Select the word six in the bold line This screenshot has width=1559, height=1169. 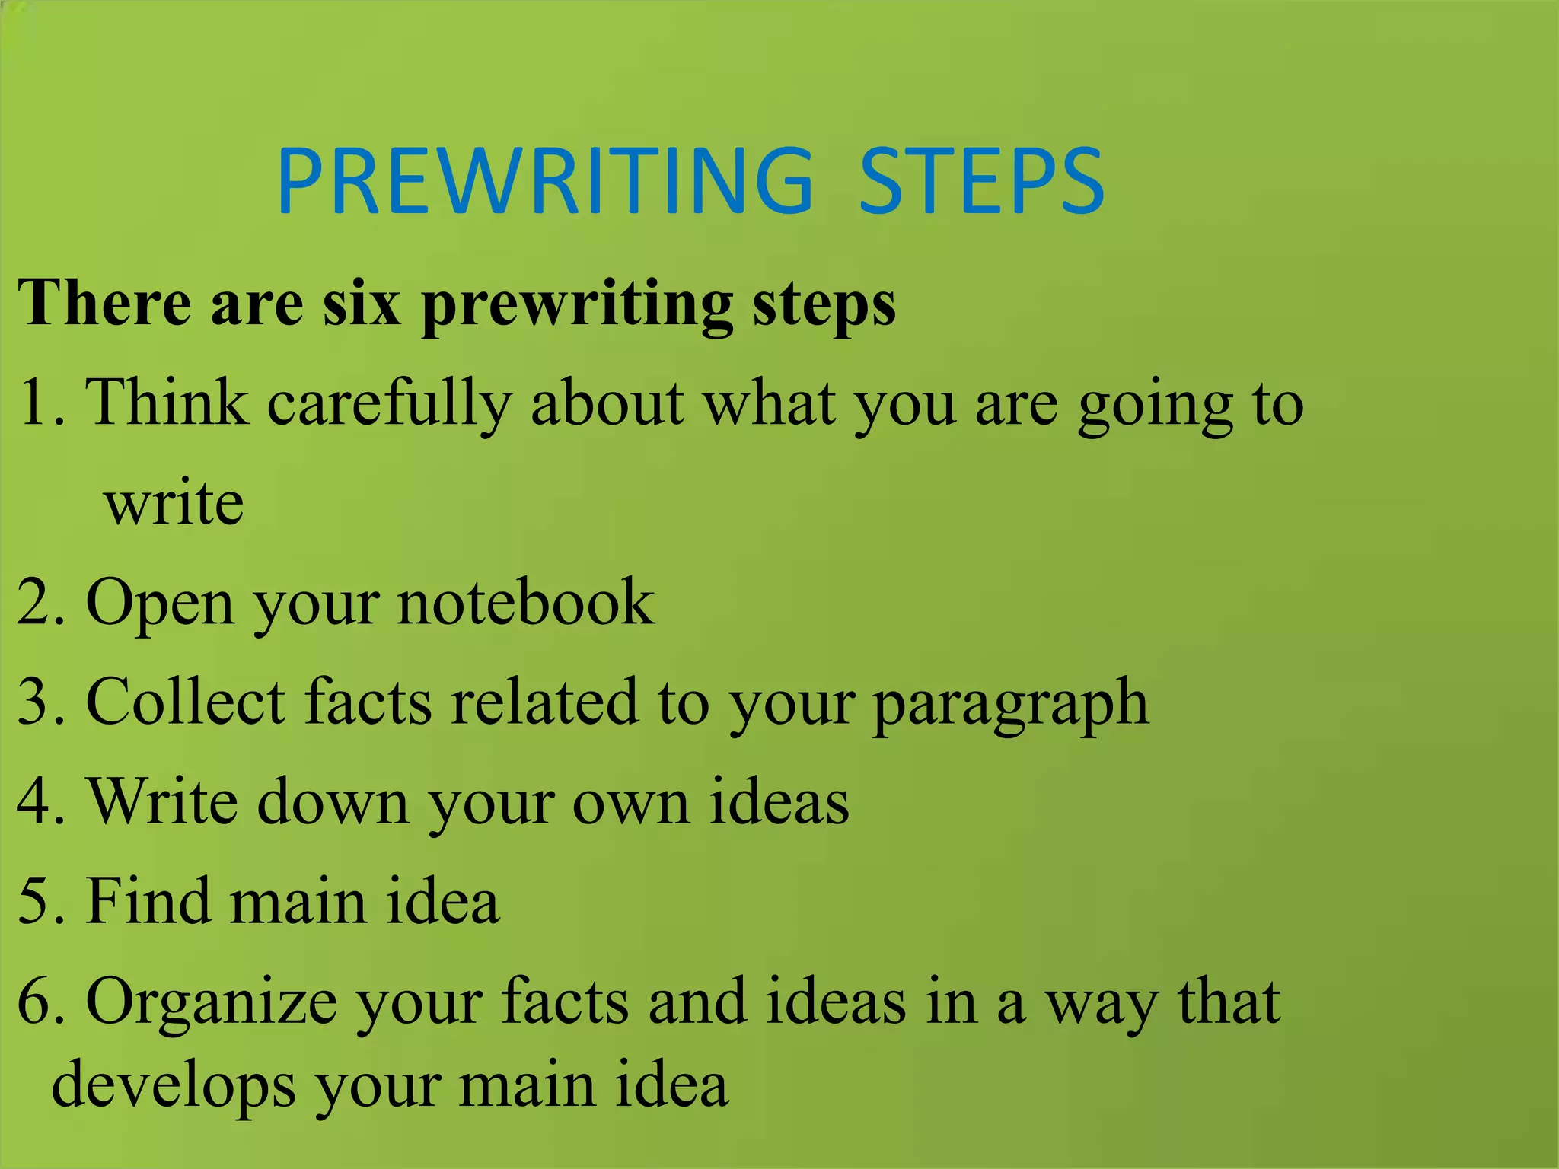[x=362, y=304]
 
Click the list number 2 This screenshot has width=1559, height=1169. [x=33, y=602]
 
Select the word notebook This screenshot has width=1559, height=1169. [x=525, y=602]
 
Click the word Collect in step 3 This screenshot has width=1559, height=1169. [x=186, y=701]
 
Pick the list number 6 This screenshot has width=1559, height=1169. [x=33, y=1000]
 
